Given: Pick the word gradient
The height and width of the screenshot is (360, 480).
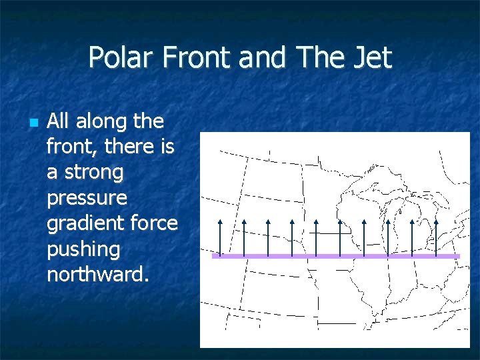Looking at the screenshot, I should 80,224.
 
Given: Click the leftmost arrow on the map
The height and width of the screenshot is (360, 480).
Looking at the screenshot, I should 220,237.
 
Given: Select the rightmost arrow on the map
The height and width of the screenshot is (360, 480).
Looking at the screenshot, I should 436,237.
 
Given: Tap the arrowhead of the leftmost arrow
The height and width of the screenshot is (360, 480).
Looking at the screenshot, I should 220,221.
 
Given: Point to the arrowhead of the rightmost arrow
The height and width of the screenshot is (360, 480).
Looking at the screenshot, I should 436,221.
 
